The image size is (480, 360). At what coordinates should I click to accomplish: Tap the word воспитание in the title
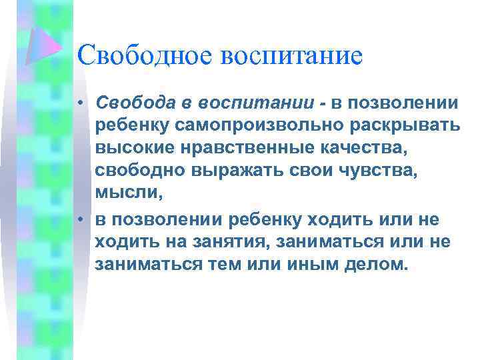click(x=293, y=55)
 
